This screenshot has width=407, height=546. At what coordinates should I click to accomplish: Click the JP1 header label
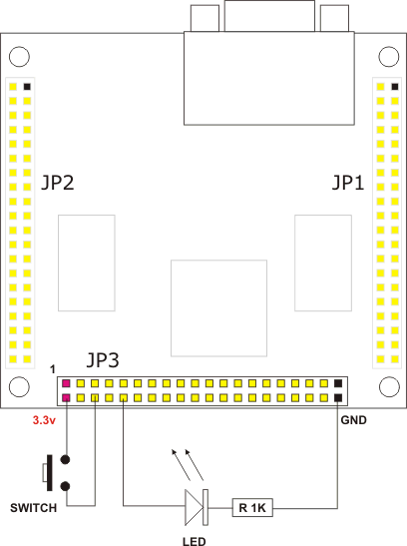(x=348, y=183)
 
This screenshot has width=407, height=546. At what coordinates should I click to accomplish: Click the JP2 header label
(x=58, y=183)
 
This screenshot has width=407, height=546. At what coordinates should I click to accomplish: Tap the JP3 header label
(x=103, y=360)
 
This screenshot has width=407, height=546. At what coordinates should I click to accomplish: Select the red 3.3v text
(x=44, y=420)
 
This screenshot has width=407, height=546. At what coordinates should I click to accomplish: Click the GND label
(x=353, y=420)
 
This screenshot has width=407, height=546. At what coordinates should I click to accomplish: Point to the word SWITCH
(x=33, y=508)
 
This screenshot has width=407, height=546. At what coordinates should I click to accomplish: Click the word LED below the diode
(x=195, y=541)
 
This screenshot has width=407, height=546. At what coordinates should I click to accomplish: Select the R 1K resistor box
(x=252, y=508)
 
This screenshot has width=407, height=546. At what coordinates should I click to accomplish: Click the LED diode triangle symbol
(x=194, y=507)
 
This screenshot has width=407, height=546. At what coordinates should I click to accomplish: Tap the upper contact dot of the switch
(x=65, y=459)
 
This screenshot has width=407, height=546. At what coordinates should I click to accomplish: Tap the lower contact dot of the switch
(x=65, y=486)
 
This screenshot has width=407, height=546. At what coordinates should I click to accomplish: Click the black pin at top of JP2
(x=27, y=87)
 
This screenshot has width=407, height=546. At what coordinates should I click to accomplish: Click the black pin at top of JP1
(x=395, y=87)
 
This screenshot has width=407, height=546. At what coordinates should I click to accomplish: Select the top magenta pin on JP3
(x=66, y=383)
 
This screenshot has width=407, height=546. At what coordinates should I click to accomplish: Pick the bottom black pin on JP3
(x=338, y=397)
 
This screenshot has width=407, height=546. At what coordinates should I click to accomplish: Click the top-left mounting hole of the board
(x=19, y=57)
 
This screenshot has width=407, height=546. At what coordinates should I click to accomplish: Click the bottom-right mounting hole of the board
(x=389, y=386)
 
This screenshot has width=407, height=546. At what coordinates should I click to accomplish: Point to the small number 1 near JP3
(x=53, y=369)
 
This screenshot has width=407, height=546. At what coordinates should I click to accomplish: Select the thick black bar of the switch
(x=50, y=473)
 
